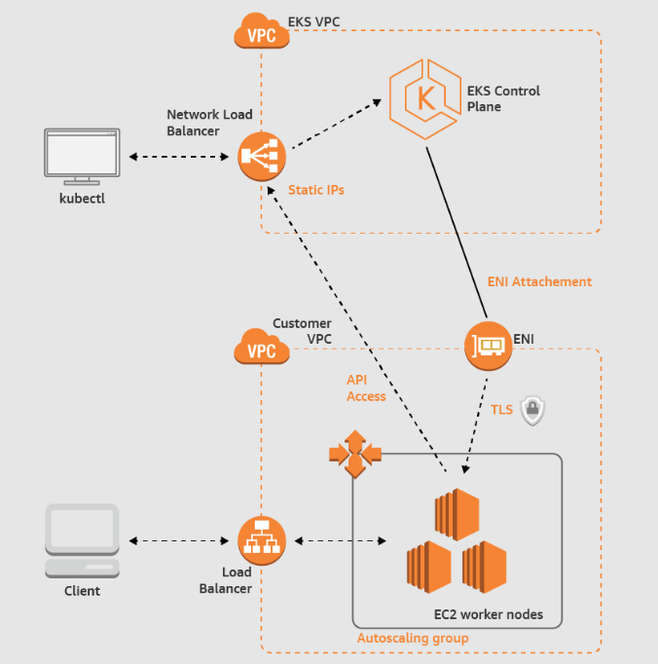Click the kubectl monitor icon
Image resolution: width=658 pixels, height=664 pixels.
(x=82, y=157)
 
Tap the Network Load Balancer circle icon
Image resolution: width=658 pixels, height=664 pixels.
(x=262, y=157)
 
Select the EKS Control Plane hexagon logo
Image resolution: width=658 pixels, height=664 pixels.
(x=425, y=99)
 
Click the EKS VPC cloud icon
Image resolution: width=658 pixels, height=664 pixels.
(x=262, y=30)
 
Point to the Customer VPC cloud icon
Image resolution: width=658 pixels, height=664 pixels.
(x=262, y=347)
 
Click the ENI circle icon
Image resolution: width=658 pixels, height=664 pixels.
(x=489, y=346)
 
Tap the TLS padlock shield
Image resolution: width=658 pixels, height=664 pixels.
(x=532, y=410)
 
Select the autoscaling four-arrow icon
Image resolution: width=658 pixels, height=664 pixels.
(x=355, y=454)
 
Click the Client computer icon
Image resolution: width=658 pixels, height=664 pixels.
(x=82, y=540)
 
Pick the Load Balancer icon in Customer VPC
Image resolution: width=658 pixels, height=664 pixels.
(x=262, y=540)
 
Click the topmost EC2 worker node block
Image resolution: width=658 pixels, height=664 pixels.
(x=457, y=514)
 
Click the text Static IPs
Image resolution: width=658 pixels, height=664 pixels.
(x=316, y=190)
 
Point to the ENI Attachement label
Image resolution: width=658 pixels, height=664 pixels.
(x=539, y=281)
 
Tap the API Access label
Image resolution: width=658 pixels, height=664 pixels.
(x=366, y=387)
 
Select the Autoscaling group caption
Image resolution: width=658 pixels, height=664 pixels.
(x=413, y=638)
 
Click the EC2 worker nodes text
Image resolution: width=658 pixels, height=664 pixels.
(x=489, y=614)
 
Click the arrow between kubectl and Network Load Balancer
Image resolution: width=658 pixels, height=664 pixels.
(x=179, y=157)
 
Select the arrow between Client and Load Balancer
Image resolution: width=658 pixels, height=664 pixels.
(x=179, y=540)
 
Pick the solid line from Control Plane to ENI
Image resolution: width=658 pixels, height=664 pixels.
(x=457, y=233)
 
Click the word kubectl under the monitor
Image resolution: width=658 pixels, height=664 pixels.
(x=82, y=199)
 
